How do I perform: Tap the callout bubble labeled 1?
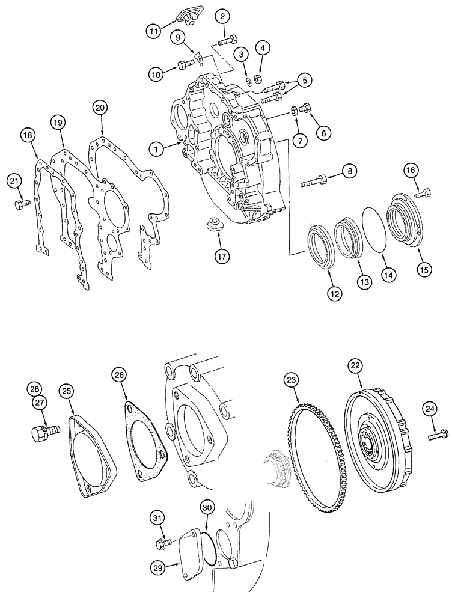click(156, 148)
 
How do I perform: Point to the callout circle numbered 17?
click(224, 255)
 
